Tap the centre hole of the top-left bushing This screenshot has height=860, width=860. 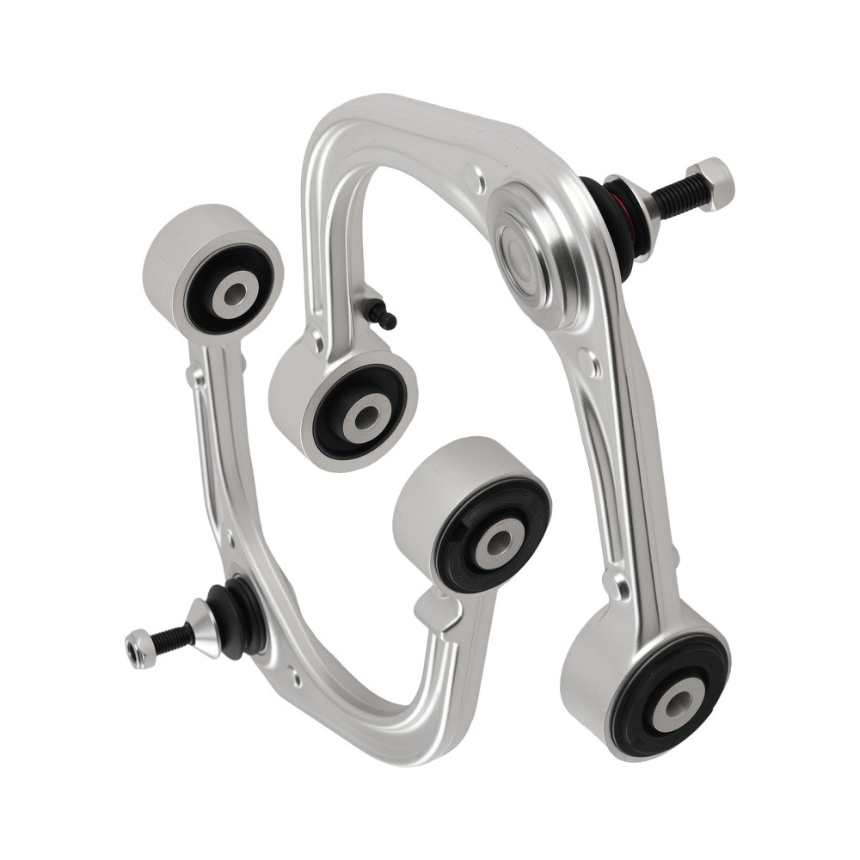pyautogui.click(x=234, y=293)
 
